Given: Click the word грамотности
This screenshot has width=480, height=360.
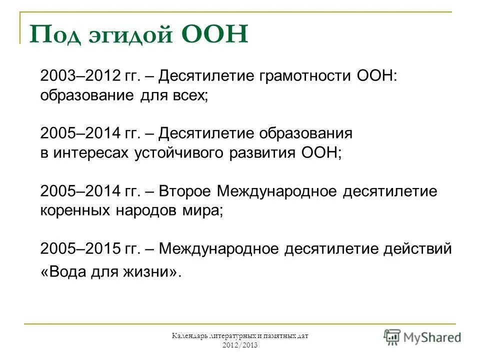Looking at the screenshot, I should coord(306,76).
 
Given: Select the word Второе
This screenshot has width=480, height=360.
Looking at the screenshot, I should coord(186,191).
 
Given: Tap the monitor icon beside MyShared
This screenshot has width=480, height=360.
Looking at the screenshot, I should coord(392,336).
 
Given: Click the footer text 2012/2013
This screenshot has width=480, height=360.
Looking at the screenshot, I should coord(239,345).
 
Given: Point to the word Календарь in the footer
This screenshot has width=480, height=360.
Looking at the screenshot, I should coord(189,336).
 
